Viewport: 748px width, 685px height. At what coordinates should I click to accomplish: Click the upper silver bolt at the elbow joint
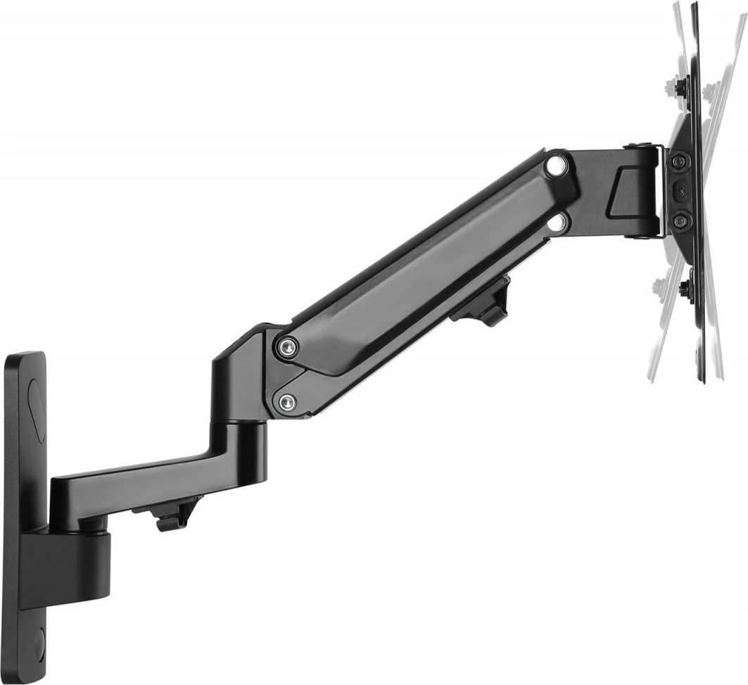click(288, 346)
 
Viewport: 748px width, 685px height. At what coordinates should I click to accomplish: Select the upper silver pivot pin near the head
click(557, 165)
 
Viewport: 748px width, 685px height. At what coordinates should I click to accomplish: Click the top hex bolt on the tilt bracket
click(678, 162)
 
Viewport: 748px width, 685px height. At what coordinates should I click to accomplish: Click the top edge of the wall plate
click(24, 356)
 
